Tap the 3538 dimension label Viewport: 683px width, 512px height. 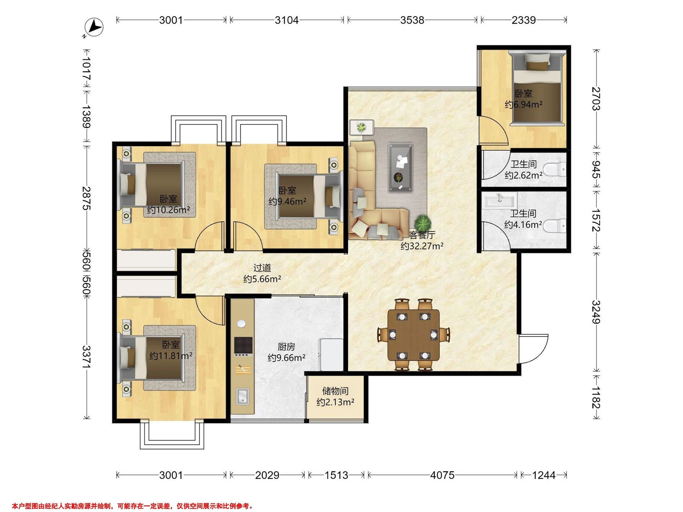coord(412,20)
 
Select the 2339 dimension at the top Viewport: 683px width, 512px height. coord(524,20)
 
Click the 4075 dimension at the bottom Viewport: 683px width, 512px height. coord(443,475)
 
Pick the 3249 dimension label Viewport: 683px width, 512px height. coord(596,312)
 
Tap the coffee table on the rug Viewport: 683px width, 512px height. coord(400,167)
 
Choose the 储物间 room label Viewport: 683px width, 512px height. coord(335,391)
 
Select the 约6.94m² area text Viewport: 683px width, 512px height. coord(524,105)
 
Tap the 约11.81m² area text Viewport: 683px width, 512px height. coord(171,356)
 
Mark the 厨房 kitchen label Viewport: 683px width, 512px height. coord(286,347)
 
